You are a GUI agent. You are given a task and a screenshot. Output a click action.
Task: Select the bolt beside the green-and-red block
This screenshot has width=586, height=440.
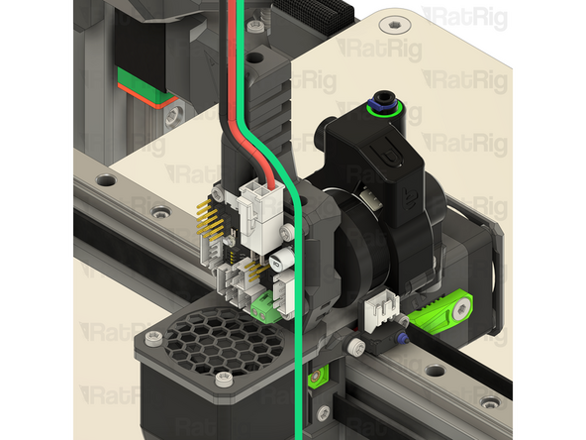tap(176, 117)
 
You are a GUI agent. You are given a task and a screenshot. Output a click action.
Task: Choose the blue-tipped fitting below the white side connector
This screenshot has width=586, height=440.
tap(403, 337)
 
